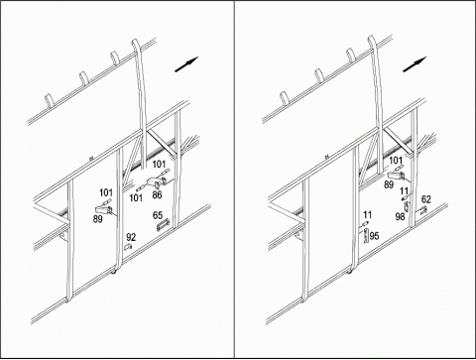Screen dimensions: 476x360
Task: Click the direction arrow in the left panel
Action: click(186, 64)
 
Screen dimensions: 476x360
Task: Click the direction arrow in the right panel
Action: click(415, 64)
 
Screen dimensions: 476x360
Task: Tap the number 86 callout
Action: click(157, 195)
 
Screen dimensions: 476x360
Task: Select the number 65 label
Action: click(158, 215)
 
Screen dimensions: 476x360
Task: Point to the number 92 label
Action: click(131, 237)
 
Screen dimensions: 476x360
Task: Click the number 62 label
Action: click(426, 199)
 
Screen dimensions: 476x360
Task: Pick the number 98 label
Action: click(400, 217)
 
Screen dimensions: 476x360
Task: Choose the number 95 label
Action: click(374, 236)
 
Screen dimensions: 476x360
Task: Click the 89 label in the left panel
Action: click(97, 219)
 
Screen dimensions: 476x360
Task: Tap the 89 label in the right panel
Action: click(389, 184)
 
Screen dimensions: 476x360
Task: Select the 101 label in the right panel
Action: click(396, 161)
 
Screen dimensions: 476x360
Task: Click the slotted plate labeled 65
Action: click(163, 226)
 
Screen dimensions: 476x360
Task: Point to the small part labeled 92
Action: click(128, 247)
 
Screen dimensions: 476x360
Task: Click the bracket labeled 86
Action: click(157, 181)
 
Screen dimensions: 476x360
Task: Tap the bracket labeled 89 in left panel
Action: click(104, 209)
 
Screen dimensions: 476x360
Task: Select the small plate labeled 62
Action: click(423, 210)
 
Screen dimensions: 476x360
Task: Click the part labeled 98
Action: click(407, 206)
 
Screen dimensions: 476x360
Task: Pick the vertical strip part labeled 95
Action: click(366, 236)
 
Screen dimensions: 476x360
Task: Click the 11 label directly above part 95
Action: click(367, 215)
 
